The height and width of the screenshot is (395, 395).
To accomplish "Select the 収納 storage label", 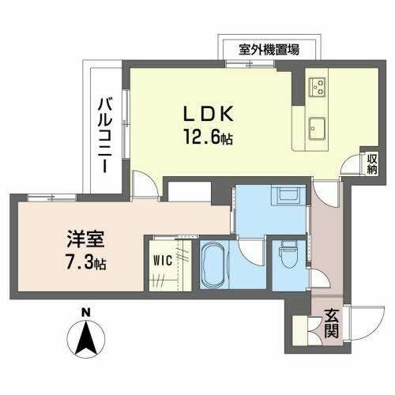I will (371, 165).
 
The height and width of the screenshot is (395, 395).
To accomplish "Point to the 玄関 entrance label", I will (333, 325).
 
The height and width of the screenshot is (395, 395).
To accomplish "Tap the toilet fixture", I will (285, 255).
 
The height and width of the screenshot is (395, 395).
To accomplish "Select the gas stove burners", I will (318, 84).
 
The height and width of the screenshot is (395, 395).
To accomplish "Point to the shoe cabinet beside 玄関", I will (301, 327).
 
